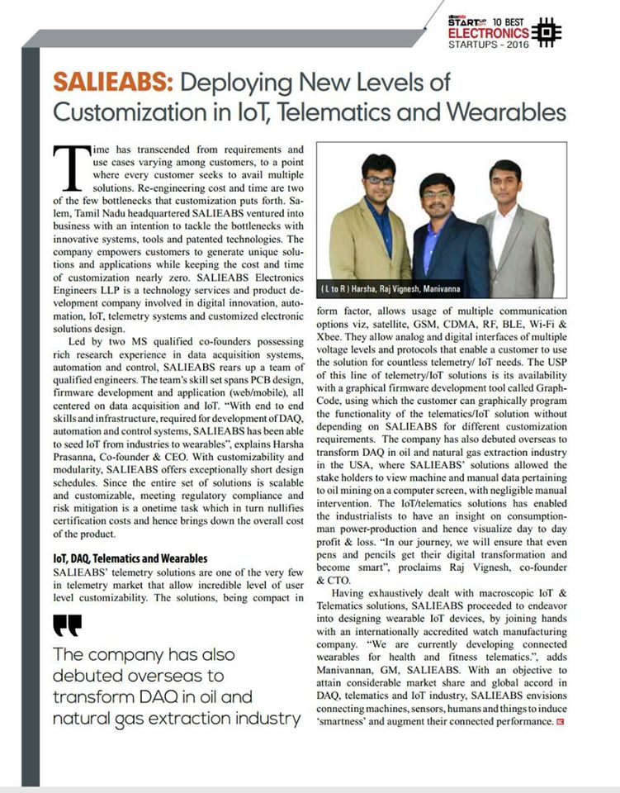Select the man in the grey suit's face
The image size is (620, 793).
click(504, 182)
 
